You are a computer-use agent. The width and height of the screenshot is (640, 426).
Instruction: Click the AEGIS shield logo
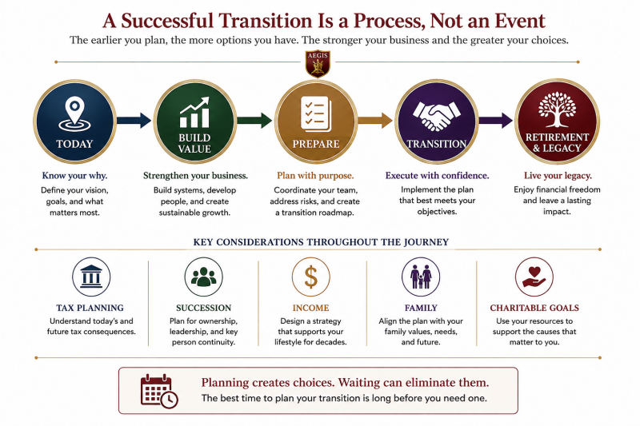pos(318,64)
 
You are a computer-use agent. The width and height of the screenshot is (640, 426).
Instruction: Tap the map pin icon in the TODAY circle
pos(74,113)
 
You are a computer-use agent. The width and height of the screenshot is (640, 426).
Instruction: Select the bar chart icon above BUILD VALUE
pos(194,113)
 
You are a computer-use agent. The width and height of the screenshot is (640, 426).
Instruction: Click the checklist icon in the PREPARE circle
pos(315,114)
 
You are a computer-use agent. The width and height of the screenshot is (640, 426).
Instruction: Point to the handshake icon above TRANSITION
pos(436,115)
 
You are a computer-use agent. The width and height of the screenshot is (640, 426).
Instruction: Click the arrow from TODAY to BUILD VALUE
pos(134,120)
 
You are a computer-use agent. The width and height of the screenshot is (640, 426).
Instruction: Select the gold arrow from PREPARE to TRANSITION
pos(375,120)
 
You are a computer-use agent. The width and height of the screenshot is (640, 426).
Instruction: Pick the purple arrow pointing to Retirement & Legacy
pos(495,120)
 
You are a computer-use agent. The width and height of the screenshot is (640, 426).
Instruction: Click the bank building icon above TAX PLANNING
pos(91,277)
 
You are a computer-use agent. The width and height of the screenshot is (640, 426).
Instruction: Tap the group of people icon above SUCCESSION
pos(204,277)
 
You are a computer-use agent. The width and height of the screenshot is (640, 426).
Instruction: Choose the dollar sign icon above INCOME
pos(310,277)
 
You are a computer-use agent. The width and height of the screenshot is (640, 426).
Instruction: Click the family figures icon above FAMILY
pos(421,277)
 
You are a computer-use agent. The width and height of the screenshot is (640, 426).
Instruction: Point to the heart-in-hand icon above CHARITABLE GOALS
pos(534,277)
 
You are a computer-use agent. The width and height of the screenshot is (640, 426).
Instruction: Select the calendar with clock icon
pos(159,391)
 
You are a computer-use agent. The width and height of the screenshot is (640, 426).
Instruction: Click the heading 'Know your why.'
pos(74,176)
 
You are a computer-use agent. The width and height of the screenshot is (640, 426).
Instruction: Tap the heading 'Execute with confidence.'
pos(437,176)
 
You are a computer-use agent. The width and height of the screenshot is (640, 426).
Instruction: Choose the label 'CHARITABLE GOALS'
pos(534,308)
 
